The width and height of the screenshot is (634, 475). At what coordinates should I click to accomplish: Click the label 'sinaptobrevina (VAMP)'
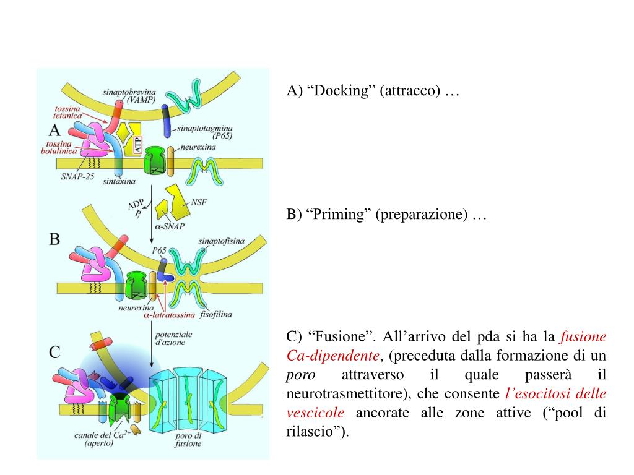tap(129, 95)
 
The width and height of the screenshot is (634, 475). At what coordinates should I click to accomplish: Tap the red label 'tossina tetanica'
tap(67, 111)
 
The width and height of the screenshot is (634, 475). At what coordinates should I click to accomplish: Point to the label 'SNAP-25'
tap(77, 176)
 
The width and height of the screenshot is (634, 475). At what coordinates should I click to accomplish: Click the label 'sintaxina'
tap(119, 182)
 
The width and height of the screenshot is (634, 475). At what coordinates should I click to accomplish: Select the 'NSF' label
tap(199, 202)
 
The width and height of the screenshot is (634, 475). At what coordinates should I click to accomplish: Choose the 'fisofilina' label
tap(216, 314)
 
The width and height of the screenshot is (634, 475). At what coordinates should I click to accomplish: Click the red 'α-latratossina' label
tap(169, 315)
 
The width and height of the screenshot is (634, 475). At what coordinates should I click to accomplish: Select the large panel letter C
tap(54, 353)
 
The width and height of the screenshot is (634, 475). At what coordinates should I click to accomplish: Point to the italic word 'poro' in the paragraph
tap(301, 375)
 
